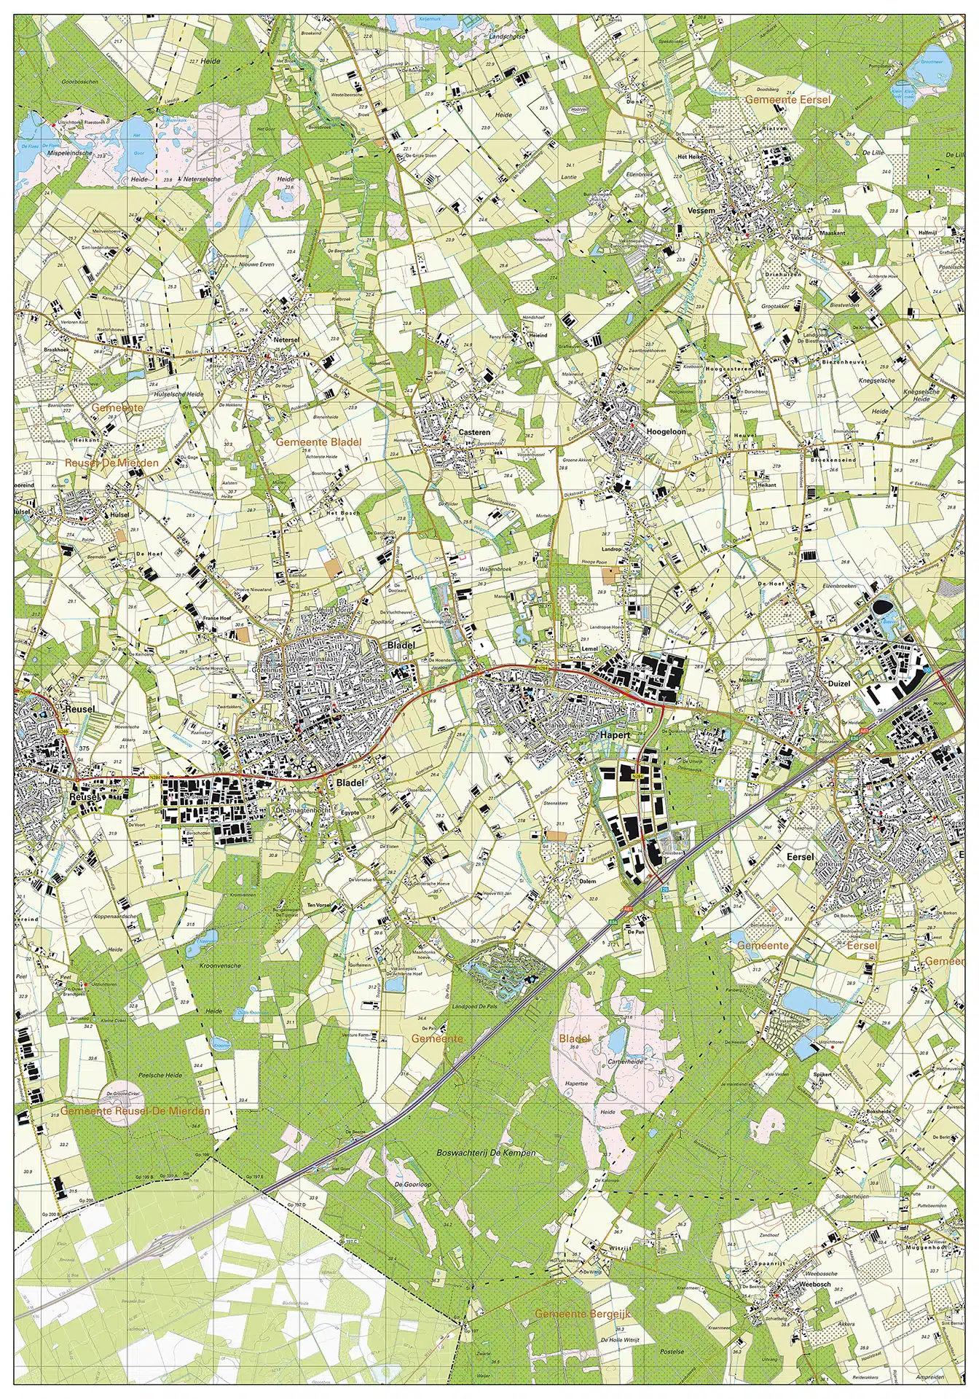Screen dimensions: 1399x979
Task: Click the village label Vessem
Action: pos(701,210)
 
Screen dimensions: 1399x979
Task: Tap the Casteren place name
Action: pos(473,432)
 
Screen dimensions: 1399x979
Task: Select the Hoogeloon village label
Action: pos(666,431)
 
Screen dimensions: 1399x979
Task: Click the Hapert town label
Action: pos(614,735)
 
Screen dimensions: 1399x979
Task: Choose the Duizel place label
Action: pos(839,684)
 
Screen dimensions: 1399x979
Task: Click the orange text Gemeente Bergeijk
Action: pos(583,1313)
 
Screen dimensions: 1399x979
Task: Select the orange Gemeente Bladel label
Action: pos(318,442)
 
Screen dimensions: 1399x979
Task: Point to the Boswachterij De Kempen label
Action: pos(486,1153)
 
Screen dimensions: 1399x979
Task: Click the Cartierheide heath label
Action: pos(625,1062)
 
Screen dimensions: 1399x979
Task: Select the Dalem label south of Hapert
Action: pos(587,881)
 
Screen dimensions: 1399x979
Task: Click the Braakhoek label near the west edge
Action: pos(58,349)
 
